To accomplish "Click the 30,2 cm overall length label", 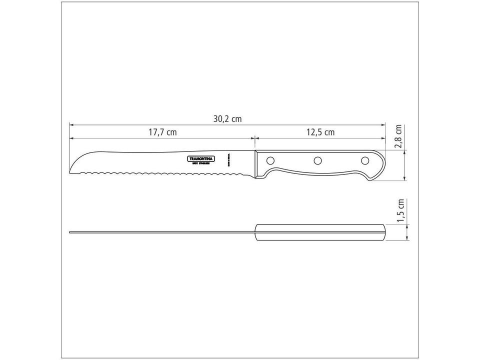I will tap(227, 119).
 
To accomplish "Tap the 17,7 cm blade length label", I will tap(162, 132).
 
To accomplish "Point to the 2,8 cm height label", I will tap(398, 137).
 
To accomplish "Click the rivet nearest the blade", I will tap(270, 160).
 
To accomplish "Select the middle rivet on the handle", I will tap(317, 160).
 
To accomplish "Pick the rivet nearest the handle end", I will tap(364, 160).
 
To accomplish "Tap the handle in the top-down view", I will tap(320, 232).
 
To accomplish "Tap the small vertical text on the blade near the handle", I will tap(227, 160).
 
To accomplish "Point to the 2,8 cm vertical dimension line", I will tap(404, 165).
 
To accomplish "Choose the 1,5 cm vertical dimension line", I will tap(408, 232).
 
